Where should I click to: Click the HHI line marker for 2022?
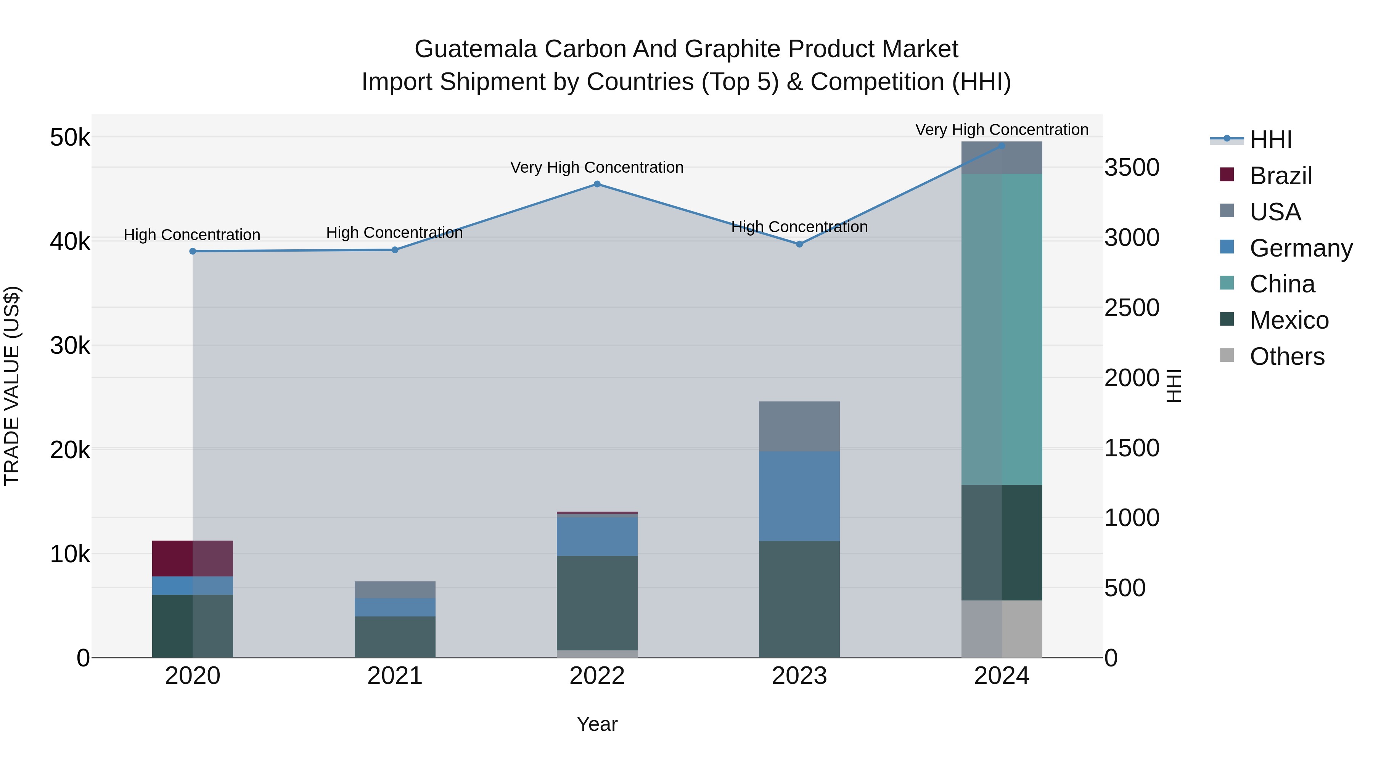[597, 185]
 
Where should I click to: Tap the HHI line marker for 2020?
[193, 252]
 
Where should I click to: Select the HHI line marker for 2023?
[799, 244]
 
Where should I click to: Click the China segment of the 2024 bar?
[1002, 329]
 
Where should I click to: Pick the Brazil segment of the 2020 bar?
[193, 559]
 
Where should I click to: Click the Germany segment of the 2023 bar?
[799, 496]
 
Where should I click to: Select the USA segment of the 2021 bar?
[395, 589]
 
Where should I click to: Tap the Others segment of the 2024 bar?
[1002, 629]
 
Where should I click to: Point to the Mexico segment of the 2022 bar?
[597, 603]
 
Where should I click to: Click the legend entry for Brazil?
[1280, 176]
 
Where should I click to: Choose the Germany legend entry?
[1301, 248]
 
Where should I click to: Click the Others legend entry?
[1287, 356]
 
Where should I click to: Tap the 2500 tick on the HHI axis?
[1132, 308]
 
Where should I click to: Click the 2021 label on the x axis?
[395, 676]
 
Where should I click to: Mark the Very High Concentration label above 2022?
[597, 167]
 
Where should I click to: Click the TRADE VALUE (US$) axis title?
[12, 386]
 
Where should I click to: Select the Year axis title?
[597, 724]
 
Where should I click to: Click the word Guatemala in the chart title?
[476, 49]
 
